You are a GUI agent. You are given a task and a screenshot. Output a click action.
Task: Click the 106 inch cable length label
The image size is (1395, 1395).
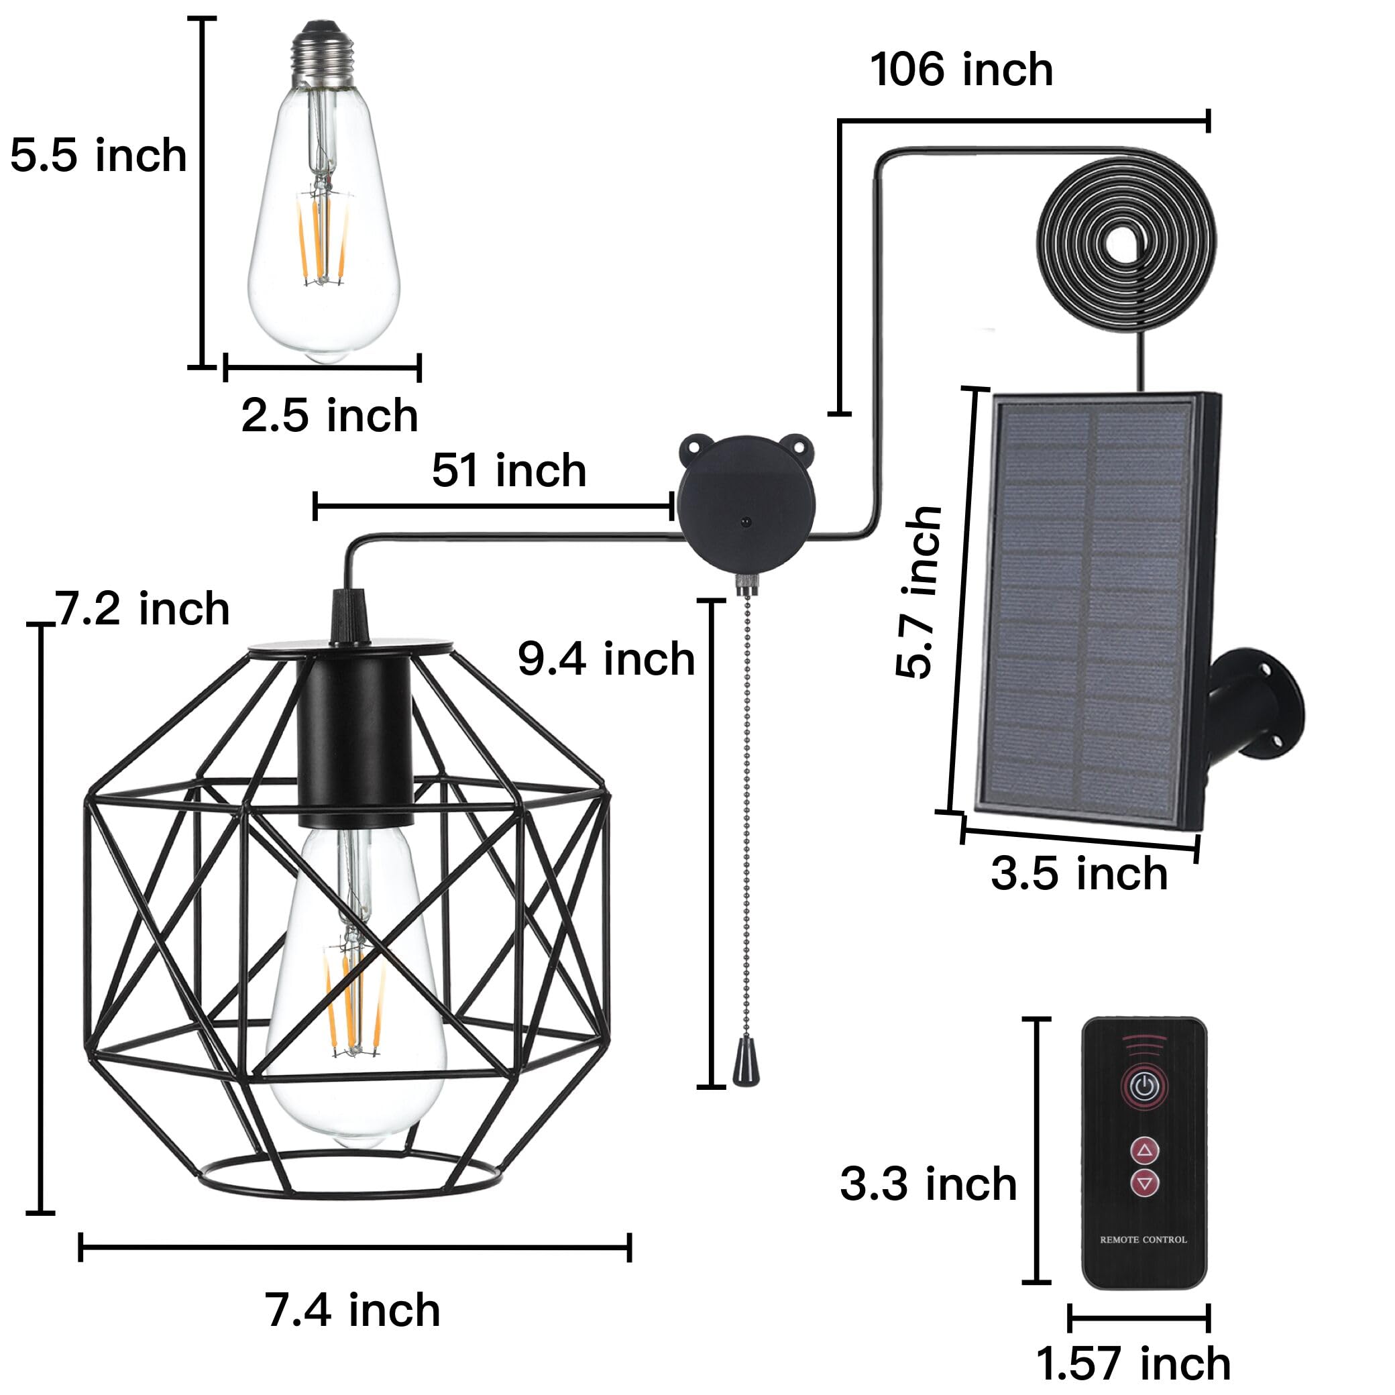coord(961,70)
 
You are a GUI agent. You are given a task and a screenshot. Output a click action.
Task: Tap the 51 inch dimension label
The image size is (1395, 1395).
coord(509,471)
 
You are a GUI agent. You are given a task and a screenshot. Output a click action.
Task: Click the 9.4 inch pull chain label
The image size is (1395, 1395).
coord(606,659)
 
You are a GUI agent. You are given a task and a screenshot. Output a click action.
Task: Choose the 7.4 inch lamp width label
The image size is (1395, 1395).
coord(352,1310)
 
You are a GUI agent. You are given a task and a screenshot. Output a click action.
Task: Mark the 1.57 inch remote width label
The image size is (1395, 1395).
coord(1133,1363)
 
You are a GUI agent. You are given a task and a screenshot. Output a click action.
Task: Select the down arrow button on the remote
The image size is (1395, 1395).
coord(1144,1182)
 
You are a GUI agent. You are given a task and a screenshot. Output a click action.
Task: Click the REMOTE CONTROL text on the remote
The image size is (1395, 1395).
coord(1143,1240)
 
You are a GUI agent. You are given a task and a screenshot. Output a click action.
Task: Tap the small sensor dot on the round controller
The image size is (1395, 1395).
coord(745,520)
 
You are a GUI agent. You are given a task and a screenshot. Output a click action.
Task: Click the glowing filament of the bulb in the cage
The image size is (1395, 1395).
coord(354,1003)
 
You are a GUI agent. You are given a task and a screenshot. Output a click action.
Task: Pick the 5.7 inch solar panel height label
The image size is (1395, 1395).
coord(918,592)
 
